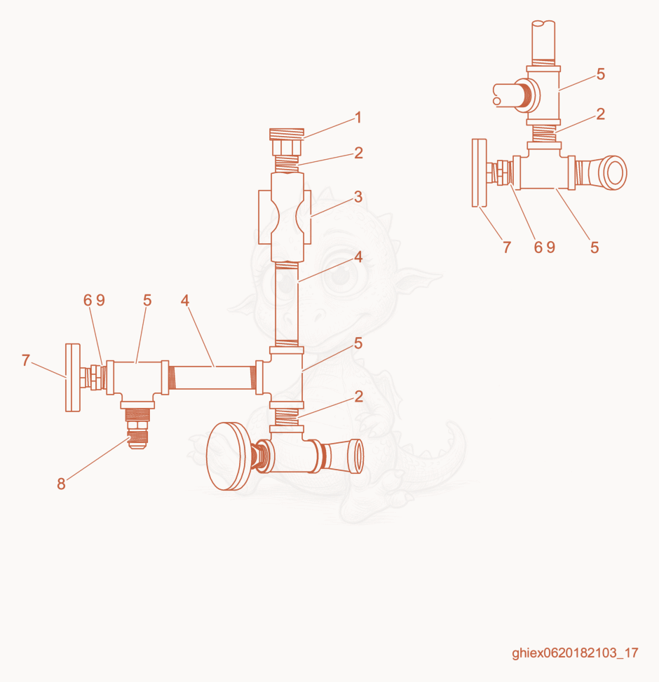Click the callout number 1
pos(358,118)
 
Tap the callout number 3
pos(358,197)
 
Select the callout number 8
pos(61,484)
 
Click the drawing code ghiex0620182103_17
pos(575,653)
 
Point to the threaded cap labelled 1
pos(286,142)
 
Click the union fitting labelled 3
pos(285,217)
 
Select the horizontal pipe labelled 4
pos(213,378)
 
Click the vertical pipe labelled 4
pos(287,304)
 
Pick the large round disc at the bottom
pos(228,456)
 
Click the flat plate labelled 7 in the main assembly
pos(73,378)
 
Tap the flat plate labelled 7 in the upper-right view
pos(480,172)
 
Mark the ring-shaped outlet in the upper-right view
pos(615,172)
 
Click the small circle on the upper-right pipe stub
pos(497,101)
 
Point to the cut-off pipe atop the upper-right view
pos(544,42)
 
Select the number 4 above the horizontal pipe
pos(185,300)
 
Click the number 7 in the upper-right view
pos(506,247)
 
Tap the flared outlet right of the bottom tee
pos(344,456)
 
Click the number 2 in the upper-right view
pos(600,114)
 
